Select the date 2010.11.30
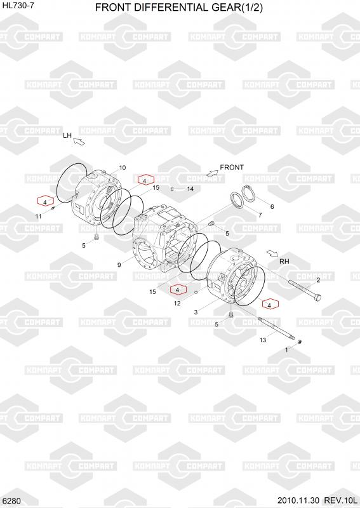click(x=298, y=500)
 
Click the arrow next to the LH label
click(x=79, y=141)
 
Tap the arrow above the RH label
click(x=272, y=253)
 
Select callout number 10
click(x=122, y=168)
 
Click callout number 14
click(x=190, y=189)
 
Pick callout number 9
click(x=119, y=265)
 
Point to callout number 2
click(x=318, y=280)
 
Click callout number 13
click(x=263, y=340)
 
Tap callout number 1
click(x=286, y=351)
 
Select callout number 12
click(x=177, y=304)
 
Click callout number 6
click(x=272, y=207)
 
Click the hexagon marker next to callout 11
click(x=45, y=201)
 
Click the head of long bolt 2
click(x=318, y=297)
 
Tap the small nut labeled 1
click(x=300, y=342)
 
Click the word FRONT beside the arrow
click(x=232, y=167)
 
